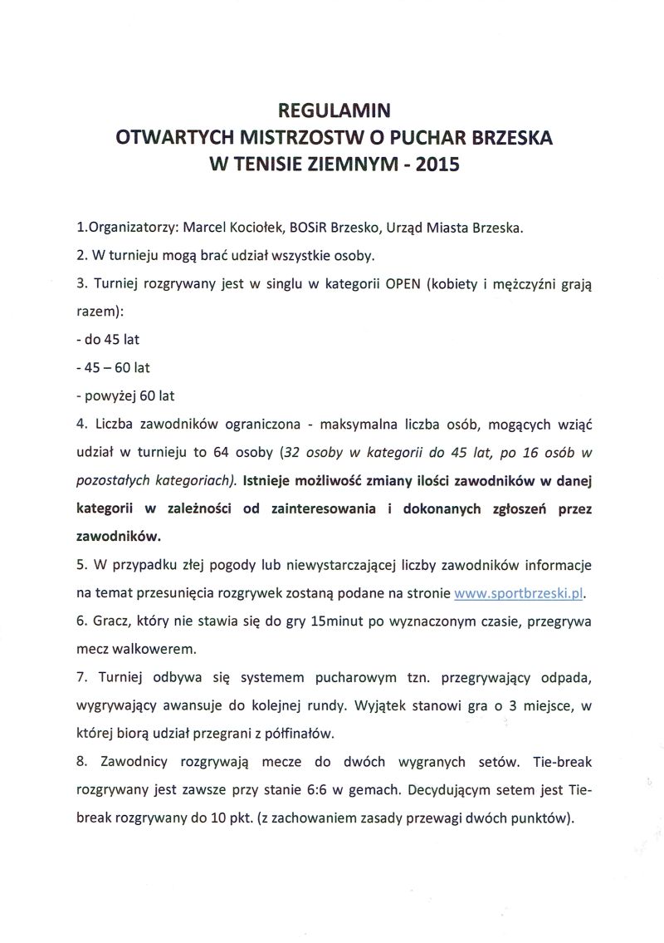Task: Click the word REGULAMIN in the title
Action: tap(333, 110)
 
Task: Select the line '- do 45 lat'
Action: tap(107, 339)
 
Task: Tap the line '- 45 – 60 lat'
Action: tap(113, 367)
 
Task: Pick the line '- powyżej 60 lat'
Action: tap(124, 395)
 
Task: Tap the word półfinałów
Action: tap(298, 734)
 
